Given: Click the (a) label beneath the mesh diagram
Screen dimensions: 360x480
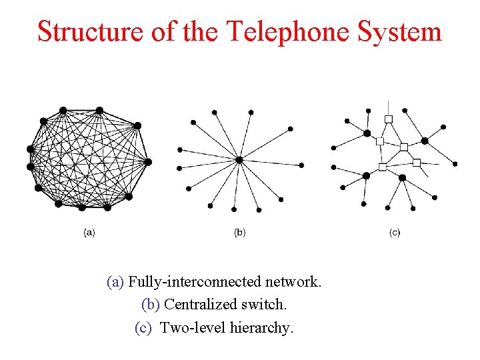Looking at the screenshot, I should click(89, 233).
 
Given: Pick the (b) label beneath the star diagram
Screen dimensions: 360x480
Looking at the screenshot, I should click(240, 233).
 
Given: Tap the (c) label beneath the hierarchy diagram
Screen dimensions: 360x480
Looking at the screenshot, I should click(395, 233).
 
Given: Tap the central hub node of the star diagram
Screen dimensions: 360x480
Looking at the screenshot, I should click(239, 160).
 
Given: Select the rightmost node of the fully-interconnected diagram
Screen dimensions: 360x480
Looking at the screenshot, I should click(148, 162).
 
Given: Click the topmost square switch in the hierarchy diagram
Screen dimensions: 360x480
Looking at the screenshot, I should click(389, 119).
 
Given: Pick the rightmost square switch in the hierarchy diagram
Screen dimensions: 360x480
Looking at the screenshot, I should click(417, 162).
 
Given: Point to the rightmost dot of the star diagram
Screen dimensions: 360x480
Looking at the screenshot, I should click(301, 165).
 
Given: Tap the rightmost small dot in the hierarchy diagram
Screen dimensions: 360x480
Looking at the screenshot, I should click(455, 163).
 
